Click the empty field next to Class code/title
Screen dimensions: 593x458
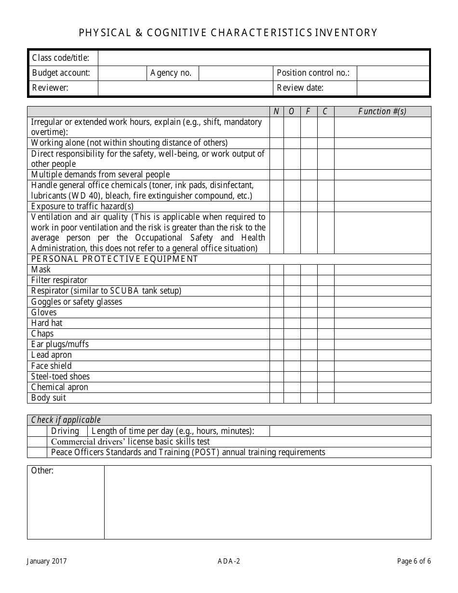pos(263,58)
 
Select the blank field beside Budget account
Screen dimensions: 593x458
pos(122,73)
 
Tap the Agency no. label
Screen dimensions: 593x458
pos(171,73)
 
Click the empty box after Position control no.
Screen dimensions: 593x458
pos(393,73)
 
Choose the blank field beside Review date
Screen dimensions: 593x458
pos(393,88)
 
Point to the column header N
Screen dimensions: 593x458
pos(276,111)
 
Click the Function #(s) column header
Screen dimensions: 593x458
pos(382,111)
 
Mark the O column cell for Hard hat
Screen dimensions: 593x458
pos(292,323)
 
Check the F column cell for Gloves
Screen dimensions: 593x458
pos(309,312)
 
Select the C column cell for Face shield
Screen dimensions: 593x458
pos(325,366)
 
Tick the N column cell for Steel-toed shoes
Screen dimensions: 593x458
pos(276,377)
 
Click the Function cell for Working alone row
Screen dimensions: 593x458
pos(382,143)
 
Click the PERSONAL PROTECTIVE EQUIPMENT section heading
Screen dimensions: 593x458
pos(115,259)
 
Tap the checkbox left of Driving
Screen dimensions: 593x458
pos(37,431)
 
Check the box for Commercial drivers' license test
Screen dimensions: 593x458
pos(37,442)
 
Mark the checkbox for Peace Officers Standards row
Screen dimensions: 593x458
pos(37,452)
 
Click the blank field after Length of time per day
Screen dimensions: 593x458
pos(350,431)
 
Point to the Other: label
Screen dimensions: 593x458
pos(42,471)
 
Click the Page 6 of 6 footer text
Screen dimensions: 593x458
pos(414,561)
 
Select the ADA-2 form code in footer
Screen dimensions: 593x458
pos(229,561)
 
